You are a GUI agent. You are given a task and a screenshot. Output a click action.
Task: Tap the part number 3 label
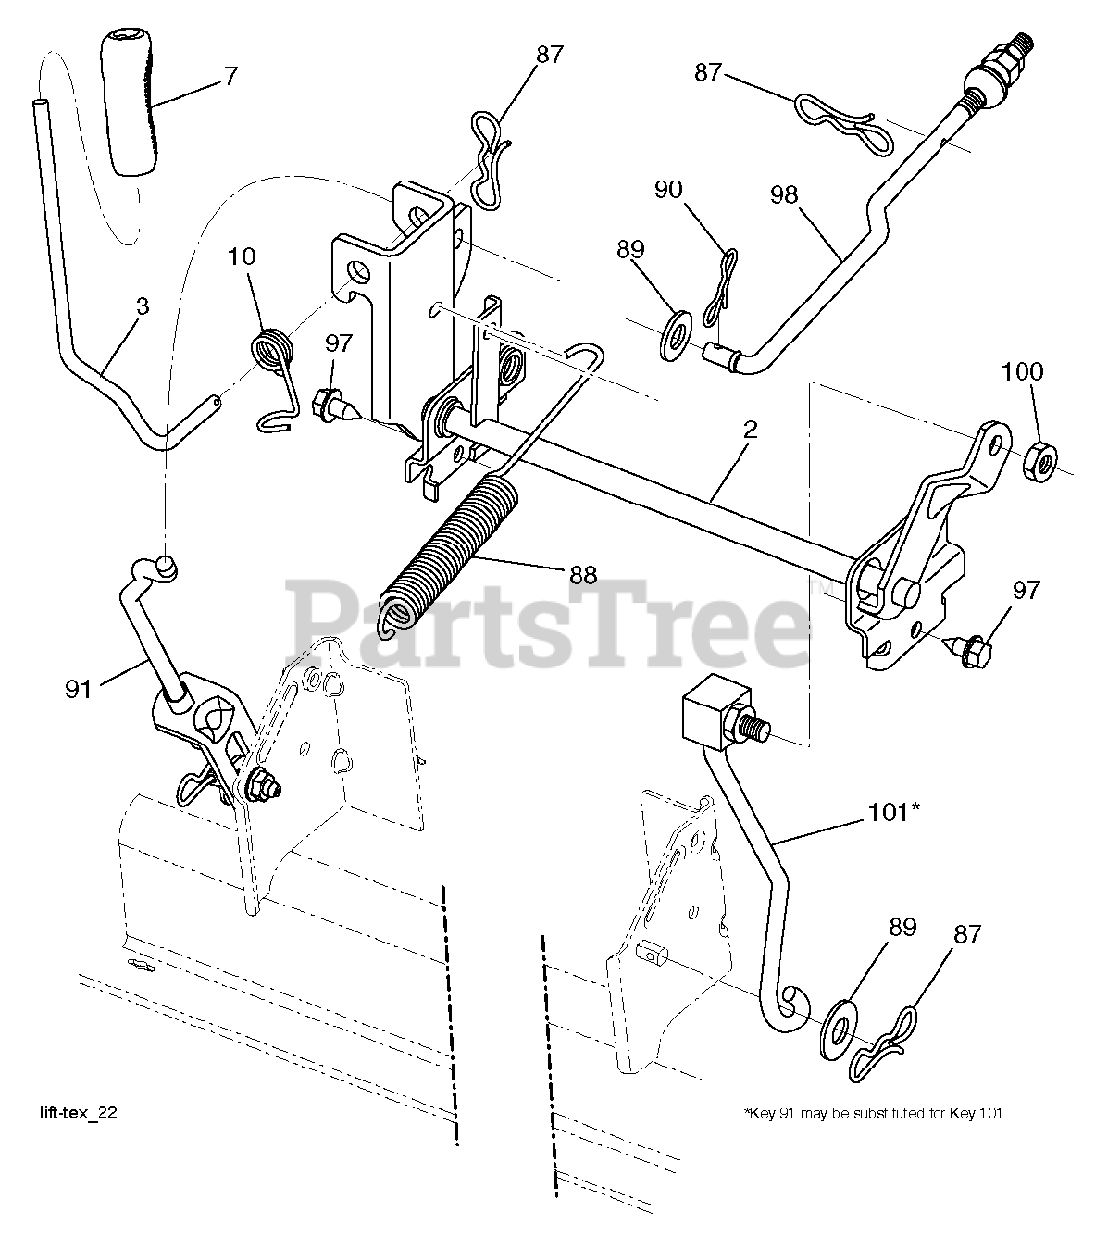(142, 306)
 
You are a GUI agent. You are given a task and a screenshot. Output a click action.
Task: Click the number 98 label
(783, 194)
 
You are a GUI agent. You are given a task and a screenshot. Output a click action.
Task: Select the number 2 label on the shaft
(749, 430)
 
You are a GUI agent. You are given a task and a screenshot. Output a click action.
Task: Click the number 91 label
(79, 689)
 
